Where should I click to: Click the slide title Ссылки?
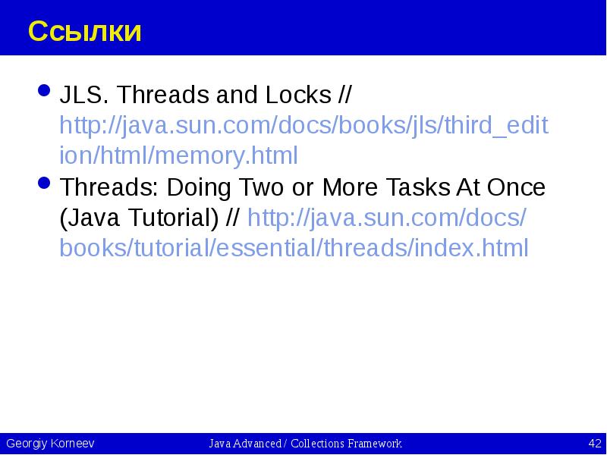(85, 32)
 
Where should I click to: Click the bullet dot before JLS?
(44, 93)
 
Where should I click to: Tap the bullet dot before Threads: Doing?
(44, 185)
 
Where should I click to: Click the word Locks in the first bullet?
(296, 96)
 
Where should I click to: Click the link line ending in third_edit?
(303, 126)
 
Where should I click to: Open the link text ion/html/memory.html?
(179, 156)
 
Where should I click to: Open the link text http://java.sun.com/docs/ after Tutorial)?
(387, 218)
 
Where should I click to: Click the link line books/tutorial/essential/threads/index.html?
(294, 249)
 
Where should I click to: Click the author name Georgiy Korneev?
(50, 444)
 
